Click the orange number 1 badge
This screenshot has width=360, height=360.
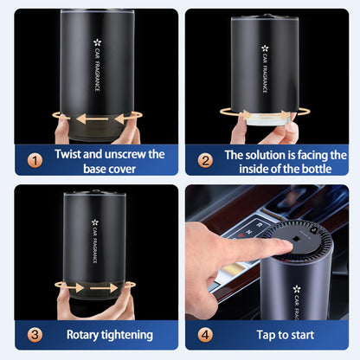coord(33,160)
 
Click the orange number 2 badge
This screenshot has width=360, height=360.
coord(206,160)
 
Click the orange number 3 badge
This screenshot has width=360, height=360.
coord(33,334)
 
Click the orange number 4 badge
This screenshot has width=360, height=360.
coord(206,334)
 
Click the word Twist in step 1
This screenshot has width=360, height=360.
coord(71,154)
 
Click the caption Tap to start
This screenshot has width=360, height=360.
coord(279,334)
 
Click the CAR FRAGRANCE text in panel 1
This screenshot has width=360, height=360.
coord(98,66)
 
